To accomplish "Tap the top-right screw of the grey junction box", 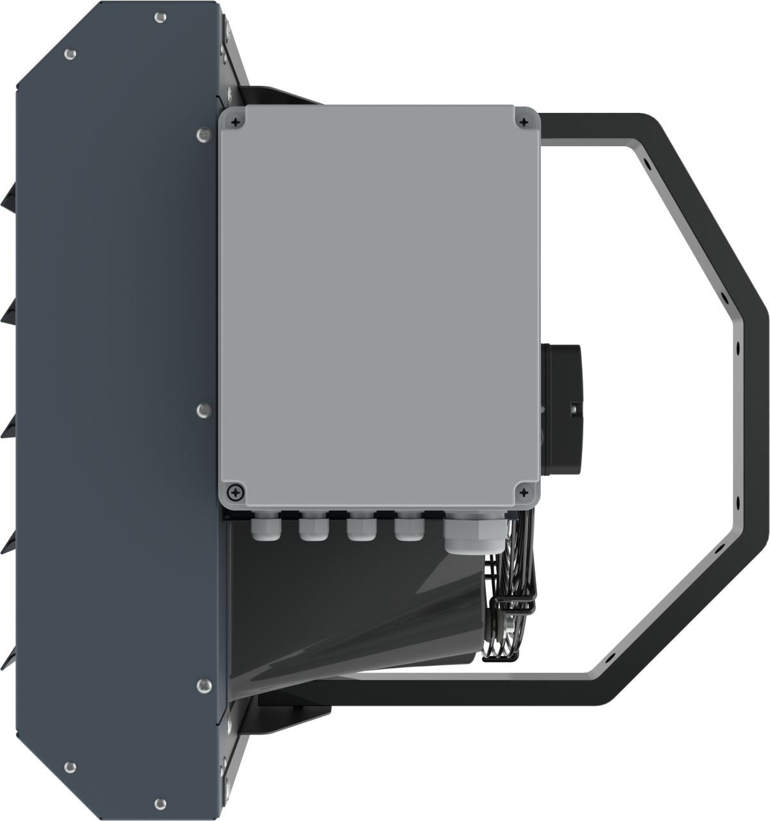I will click(525, 121).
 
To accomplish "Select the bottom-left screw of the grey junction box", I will click(237, 492).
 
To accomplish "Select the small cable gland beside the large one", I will click(409, 528).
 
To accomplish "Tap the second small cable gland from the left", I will click(312, 528).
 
